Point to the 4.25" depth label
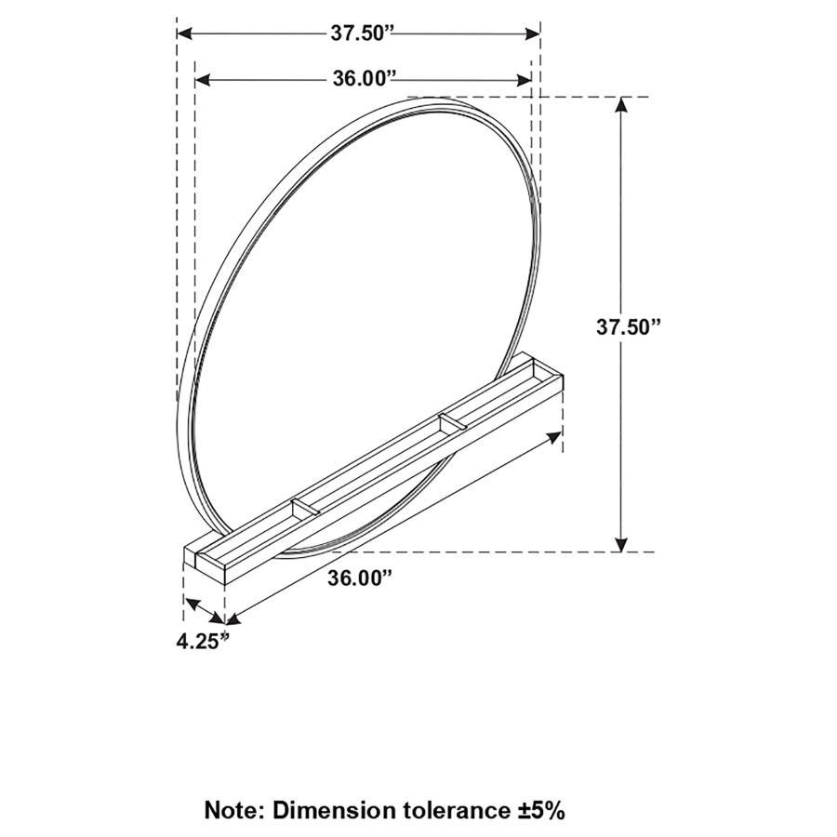203,641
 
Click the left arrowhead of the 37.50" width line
183,33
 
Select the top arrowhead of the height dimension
621,105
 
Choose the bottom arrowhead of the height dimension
621,544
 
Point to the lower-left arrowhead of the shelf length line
232,618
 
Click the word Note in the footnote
234,809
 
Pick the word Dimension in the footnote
330,809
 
